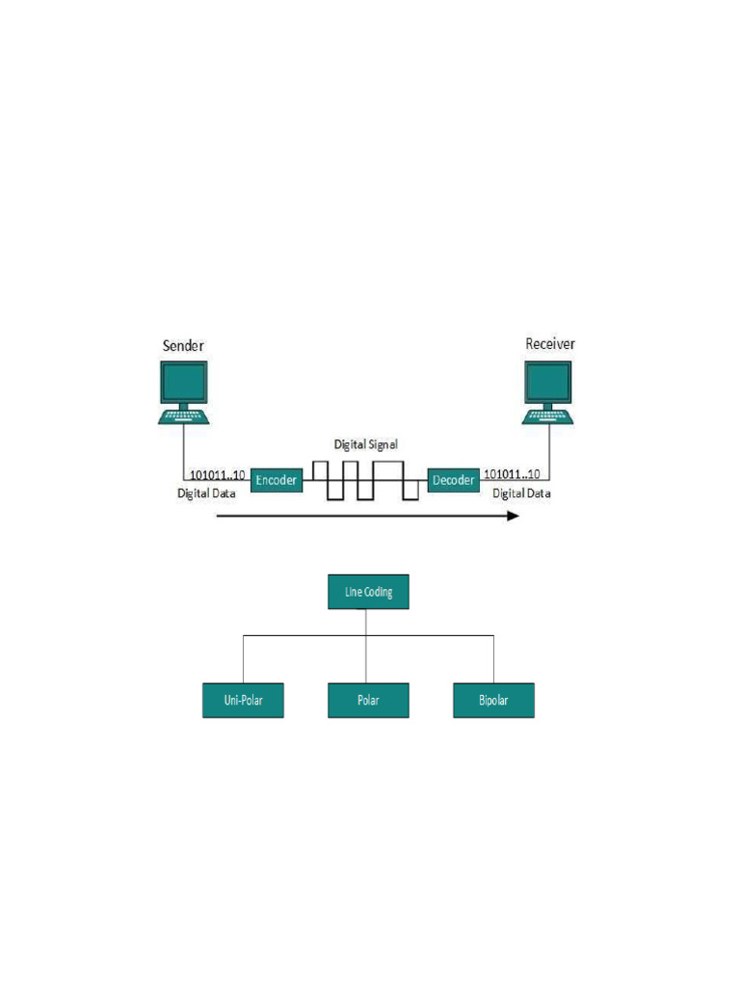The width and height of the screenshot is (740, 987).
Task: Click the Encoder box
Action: click(x=277, y=479)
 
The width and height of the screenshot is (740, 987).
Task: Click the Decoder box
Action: click(x=453, y=479)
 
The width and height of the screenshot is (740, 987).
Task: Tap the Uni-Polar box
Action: click(x=244, y=700)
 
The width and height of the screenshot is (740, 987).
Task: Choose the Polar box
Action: click(x=369, y=700)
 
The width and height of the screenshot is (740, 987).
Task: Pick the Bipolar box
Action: click(x=493, y=700)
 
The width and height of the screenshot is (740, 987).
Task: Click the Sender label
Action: click(x=182, y=344)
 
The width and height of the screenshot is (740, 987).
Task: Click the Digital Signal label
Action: click(x=366, y=444)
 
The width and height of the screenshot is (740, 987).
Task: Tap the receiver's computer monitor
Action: click(x=547, y=382)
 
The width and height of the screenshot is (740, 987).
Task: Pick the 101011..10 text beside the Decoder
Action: click(x=511, y=475)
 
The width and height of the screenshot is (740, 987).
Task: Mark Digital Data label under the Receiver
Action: click(x=522, y=493)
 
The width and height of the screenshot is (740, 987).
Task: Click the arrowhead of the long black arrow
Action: click(x=514, y=516)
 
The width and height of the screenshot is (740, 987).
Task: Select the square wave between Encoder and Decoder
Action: click(x=365, y=479)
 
